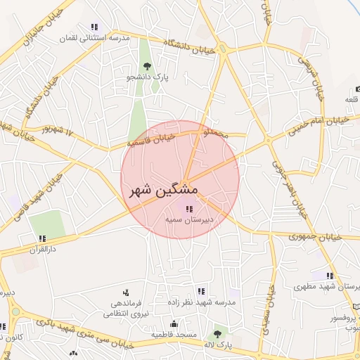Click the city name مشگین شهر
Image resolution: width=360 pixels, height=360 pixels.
164,191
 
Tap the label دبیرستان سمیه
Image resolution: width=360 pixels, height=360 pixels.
189,219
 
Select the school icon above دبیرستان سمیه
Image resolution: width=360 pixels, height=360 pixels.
188,207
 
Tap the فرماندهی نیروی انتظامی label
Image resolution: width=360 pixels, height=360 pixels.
125,309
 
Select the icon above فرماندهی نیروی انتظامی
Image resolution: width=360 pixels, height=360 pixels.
125,292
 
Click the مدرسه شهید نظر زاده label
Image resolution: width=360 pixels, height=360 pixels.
201,302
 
